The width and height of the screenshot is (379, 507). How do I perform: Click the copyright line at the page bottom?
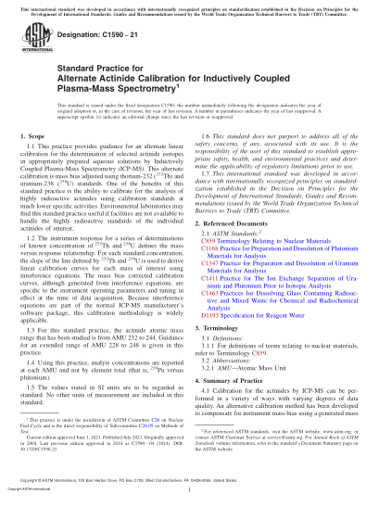(189, 498)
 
